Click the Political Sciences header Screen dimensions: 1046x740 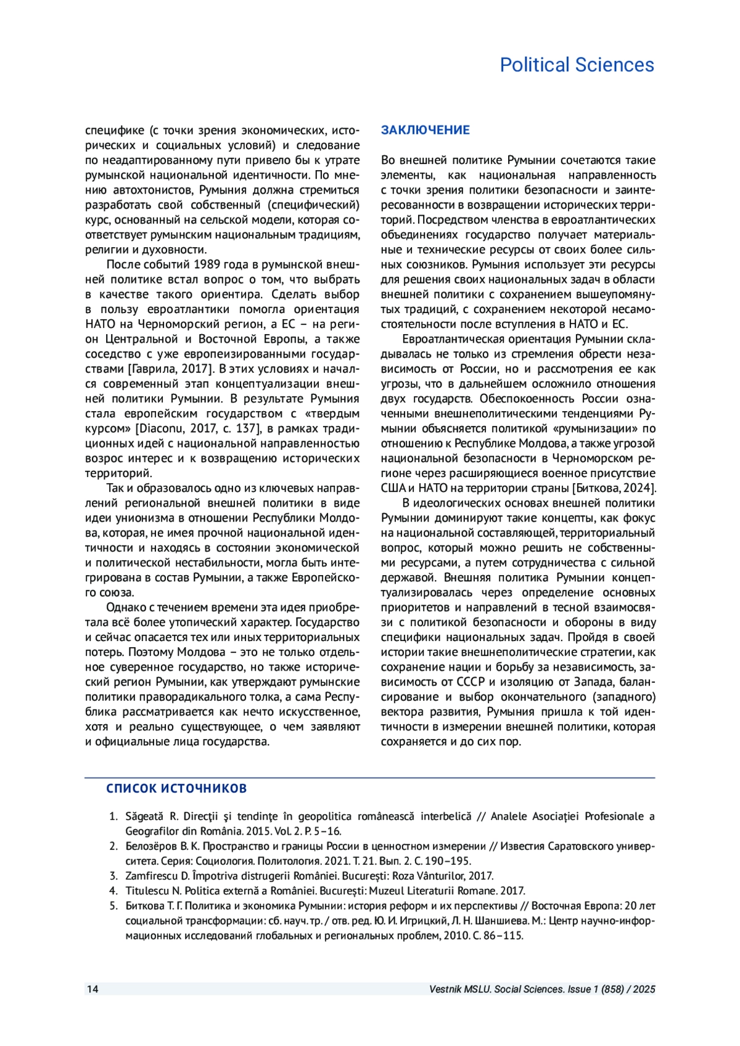[577, 65]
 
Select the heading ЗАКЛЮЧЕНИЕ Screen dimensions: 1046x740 [425, 130]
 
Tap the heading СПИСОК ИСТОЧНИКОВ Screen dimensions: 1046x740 [176, 788]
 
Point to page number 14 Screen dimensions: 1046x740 [92, 989]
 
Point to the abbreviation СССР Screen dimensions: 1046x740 [471, 682]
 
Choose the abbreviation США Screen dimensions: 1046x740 [393, 488]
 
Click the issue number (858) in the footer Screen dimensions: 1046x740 [609, 989]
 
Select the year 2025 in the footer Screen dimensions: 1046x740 [644, 989]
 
